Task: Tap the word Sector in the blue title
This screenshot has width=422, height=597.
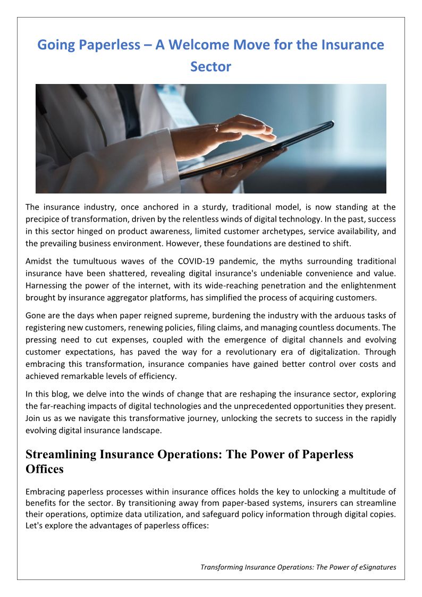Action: point(211,67)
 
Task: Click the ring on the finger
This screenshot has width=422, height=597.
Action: point(217,128)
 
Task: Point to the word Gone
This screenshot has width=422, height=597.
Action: point(35,316)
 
